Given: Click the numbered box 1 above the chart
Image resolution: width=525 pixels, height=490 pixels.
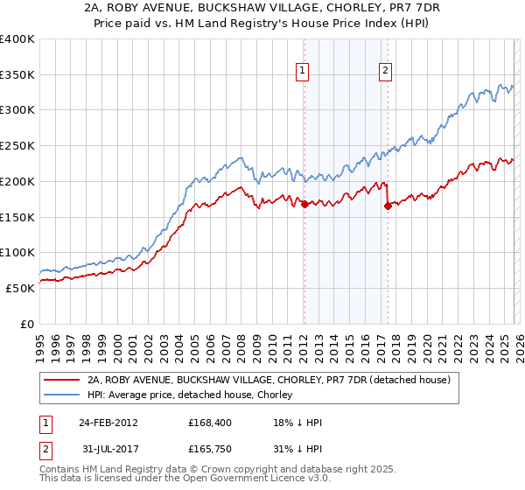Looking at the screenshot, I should (303, 72).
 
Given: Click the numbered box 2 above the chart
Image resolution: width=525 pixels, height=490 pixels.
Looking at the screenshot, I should (385, 72).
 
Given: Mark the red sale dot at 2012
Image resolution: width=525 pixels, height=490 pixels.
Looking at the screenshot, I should (304, 205).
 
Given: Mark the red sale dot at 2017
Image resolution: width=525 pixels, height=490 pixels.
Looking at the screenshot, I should (388, 206).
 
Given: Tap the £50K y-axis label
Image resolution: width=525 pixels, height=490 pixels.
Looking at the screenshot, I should (20, 288).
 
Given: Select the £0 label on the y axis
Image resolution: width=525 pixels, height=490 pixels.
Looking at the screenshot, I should (28, 324).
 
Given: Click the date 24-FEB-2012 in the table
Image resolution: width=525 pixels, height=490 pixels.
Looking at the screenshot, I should (108, 423).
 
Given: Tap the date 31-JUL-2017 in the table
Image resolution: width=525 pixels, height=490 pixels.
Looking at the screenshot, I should (108, 451).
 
